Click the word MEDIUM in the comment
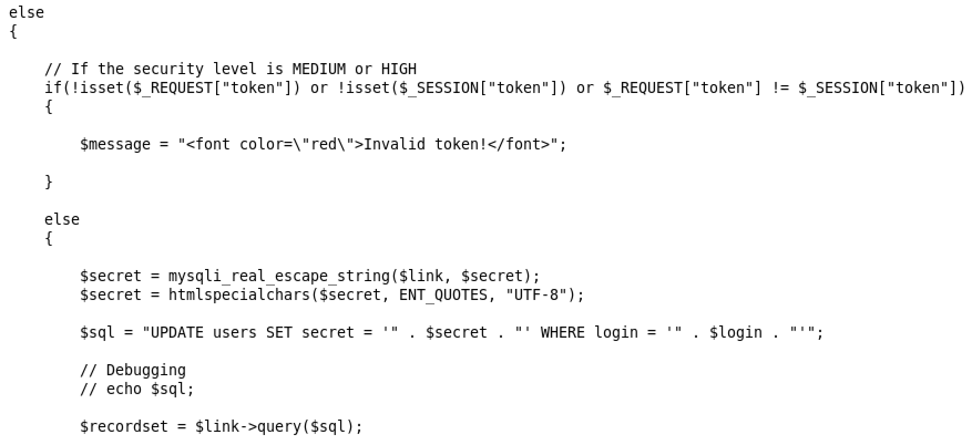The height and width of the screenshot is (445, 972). (x=319, y=69)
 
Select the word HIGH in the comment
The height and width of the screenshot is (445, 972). (x=398, y=69)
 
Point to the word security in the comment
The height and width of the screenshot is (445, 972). (x=168, y=69)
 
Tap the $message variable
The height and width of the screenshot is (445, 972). (x=115, y=144)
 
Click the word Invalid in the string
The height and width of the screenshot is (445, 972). (x=394, y=144)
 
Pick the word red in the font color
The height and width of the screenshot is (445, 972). (x=324, y=144)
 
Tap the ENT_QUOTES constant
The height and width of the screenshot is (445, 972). (x=443, y=294)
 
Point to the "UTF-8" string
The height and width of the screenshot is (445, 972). (x=536, y=294)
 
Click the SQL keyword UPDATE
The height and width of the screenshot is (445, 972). (x=177, y=333)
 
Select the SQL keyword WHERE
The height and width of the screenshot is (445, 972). (x=562, y=333)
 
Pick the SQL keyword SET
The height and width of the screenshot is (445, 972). (x=279, y=333)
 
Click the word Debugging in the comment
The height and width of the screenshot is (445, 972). (x=146, y=370)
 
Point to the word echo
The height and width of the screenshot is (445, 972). (x=124, y=389)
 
